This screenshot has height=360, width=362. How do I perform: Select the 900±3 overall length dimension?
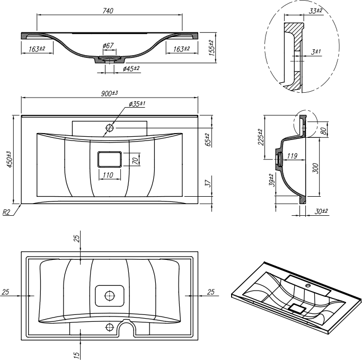[110, 93]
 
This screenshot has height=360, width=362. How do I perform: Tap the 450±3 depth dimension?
[8, 159]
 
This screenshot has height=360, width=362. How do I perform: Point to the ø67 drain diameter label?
[108, 46]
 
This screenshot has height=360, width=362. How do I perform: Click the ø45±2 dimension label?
[131, 68]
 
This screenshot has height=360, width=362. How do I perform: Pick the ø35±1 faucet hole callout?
[137, 104]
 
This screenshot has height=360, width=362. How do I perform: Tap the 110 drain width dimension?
[108, 175]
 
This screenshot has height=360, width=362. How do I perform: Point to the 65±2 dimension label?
[208, 139]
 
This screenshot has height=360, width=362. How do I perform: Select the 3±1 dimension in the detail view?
[317, 51]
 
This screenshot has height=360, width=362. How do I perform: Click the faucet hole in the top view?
[110, 127]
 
